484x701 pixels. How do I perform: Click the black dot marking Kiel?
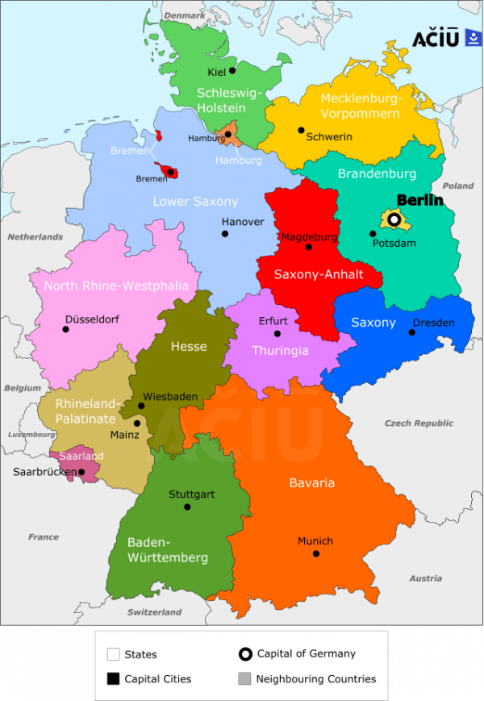[x=232, y=70]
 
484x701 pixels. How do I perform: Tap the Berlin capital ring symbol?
[x=394, y=219]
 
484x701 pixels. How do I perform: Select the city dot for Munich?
[x=316, y=553]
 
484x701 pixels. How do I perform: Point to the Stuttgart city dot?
[x=187, y=507]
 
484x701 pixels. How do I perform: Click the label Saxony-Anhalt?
[x=319, y=274]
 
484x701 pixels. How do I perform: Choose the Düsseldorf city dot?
[x=66, y=329]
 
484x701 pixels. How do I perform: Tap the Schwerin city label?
[x=329, y=136]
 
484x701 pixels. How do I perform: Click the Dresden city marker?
[x=412, y=332]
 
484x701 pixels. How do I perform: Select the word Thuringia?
[x=280, y=350]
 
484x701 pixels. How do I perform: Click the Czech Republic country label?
[x=419, y=424]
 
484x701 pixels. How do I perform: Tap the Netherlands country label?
[x=35, y=237]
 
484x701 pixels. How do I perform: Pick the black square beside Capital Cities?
[x=113, y=678]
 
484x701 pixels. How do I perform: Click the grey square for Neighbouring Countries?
[x=245, y=678]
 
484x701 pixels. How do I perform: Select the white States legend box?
[x=113, y=654]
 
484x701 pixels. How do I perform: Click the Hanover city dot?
[x=224, y=234]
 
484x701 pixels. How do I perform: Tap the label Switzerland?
[x=154, y=612]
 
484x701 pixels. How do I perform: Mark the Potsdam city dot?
[x=373, y=234]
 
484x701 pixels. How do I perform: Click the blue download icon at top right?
[x=473, y=38]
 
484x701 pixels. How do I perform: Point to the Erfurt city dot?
[x=277, y=333]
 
